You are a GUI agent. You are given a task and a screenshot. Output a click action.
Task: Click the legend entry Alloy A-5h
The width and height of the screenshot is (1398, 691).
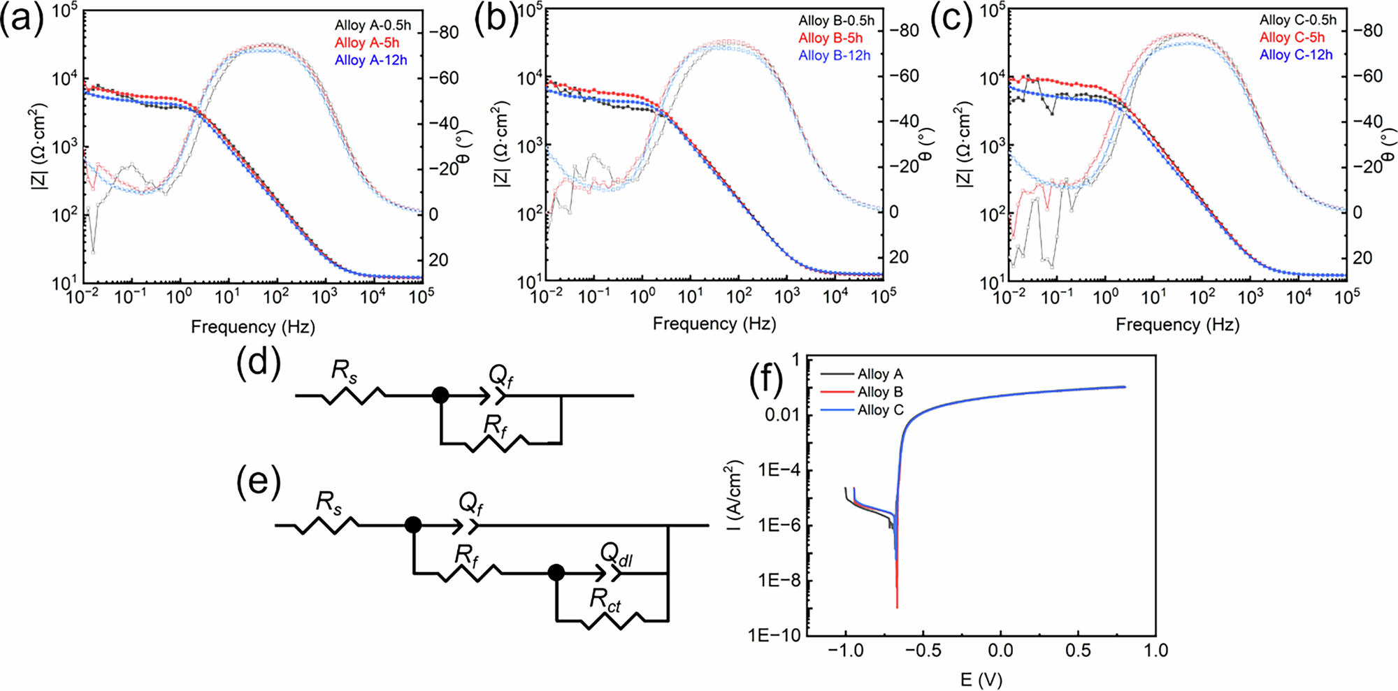coord(367,43)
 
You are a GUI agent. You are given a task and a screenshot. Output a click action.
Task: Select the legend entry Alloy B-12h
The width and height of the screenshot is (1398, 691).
coord(835,55)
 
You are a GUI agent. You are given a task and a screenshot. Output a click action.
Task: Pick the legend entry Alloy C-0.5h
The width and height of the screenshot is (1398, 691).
coord(1298,20)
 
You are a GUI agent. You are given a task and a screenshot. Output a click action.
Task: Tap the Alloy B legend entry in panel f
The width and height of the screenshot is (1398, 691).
coord(880,392)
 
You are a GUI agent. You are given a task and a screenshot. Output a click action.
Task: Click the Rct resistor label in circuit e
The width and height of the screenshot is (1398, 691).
coord(605,600)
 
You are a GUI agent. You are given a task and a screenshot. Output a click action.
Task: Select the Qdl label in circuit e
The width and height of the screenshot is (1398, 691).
coord(617,555)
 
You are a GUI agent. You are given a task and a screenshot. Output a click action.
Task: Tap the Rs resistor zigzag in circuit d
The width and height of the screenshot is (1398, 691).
coord(354,396)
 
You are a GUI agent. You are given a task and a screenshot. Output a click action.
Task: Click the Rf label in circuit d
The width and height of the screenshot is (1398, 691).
coord(495,425)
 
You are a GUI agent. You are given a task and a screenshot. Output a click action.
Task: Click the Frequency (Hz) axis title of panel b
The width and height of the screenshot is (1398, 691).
coord(714,323)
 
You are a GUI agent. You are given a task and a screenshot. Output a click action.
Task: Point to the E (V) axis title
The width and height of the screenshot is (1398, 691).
coord(981,679)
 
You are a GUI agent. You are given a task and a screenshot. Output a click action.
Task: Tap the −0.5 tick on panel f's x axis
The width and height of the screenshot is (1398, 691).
coord(923,650)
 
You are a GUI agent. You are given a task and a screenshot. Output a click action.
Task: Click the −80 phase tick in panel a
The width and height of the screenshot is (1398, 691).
coord(444,33)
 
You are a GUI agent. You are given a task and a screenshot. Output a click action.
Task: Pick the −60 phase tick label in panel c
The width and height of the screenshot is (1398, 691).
coord(1367,76)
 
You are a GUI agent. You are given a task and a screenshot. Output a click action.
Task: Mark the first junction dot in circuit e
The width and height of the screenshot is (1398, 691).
coord(413,525)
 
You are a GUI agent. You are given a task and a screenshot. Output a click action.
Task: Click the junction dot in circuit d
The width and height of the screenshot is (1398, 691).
coord(440,395)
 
